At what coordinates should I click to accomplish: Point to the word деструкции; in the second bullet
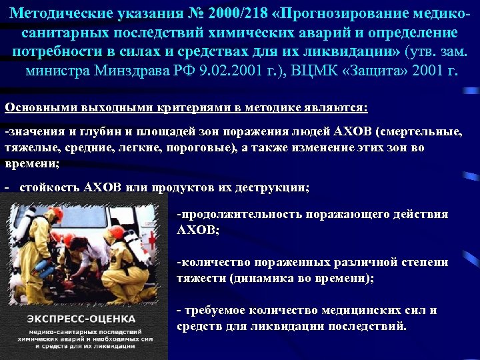pos(274,188)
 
